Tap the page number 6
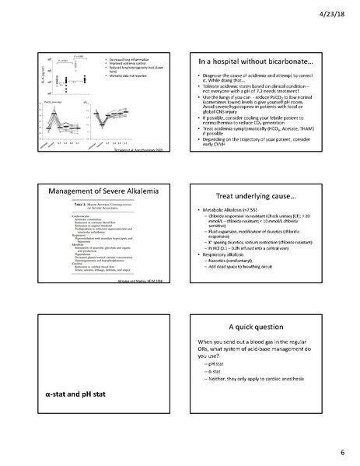pyautogui.click(x=341, y=453)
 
